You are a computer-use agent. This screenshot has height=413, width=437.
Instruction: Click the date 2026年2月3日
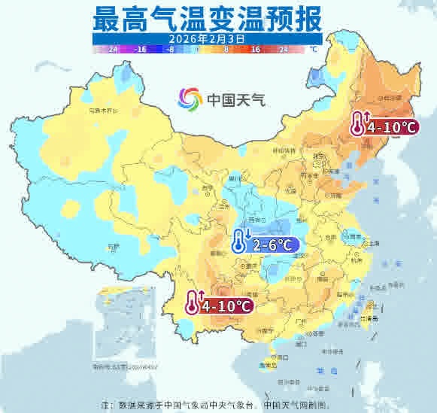tap(207, 36)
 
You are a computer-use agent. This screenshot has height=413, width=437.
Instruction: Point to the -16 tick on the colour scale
tap(140, 47)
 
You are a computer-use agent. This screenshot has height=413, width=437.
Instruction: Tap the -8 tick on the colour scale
tap(171, 47)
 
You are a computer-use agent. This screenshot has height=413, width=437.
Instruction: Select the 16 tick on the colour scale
tap(255, 47)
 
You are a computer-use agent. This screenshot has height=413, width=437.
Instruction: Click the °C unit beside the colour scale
tap(314, 47)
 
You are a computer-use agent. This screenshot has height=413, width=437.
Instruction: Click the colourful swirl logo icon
tap(190, 98)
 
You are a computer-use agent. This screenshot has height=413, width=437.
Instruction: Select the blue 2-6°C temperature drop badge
tap(266, 242)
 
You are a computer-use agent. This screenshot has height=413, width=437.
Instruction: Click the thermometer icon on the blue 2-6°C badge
tap(238, 241)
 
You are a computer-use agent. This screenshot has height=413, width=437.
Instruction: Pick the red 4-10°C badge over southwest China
tap(219, 305)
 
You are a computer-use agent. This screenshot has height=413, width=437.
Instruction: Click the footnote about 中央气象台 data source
tap(218, 405)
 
